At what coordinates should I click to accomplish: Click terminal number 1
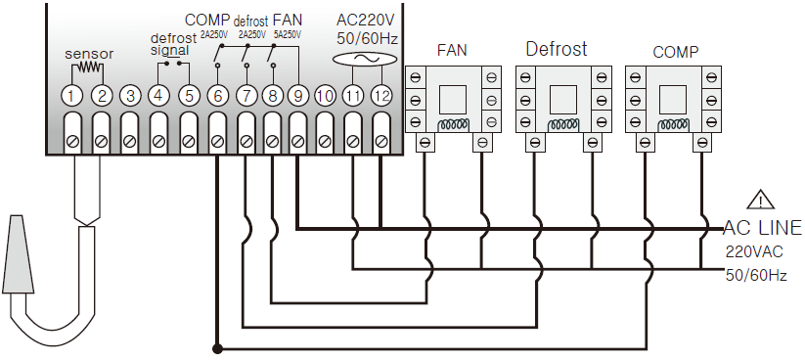72,96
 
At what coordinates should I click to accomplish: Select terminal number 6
217,96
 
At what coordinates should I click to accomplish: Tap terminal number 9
297,96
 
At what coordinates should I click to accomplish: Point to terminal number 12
380,96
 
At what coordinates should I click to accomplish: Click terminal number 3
130,96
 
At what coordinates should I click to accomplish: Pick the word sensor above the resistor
89,54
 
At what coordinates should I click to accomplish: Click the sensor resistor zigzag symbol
87,67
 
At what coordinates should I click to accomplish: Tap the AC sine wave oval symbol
365,60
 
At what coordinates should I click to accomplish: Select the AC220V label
366,20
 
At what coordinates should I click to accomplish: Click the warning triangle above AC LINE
761,201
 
